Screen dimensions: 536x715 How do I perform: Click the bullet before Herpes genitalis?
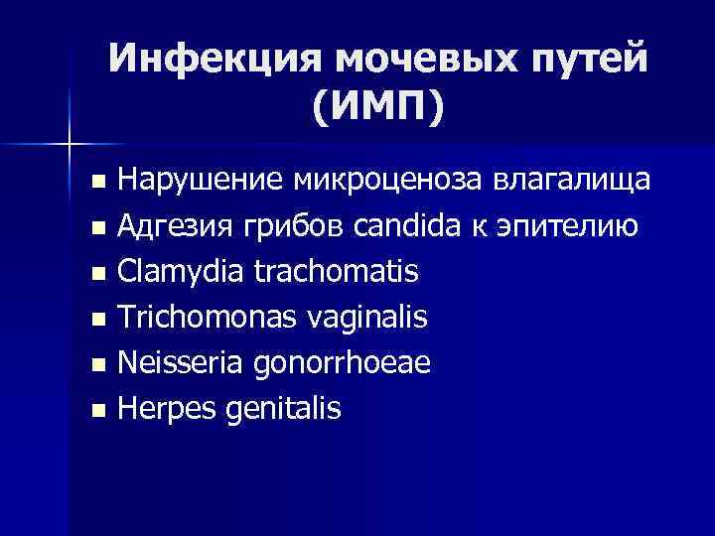click(x=95, y=410)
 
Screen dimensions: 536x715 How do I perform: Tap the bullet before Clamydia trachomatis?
click(x=95, y=273)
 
